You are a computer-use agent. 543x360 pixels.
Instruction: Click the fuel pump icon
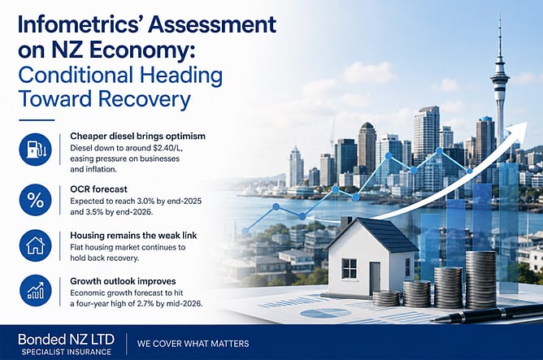click(35, 150)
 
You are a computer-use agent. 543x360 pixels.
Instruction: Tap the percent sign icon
click(35, 200)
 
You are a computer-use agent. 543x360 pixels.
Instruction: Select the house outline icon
click(35, 245)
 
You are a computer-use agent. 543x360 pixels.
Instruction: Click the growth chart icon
click(35, 290)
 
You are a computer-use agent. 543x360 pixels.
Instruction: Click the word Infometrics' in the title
click(78, 25)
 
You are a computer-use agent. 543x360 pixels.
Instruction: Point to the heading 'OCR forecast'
click(98, 189)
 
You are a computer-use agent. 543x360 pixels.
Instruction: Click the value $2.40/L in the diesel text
click(167, 148)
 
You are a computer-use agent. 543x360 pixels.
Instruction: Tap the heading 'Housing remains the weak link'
click(133, 236)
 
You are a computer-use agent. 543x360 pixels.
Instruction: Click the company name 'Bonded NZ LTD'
click(66, 339)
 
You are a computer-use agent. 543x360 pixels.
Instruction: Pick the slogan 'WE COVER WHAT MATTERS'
click(193, 344)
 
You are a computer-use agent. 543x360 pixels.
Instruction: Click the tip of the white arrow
click(527, 123)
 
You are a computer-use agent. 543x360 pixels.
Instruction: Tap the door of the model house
click(375, 278)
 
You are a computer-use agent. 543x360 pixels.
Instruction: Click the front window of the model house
click(349, 268)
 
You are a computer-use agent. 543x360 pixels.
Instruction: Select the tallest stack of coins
click(480, 280)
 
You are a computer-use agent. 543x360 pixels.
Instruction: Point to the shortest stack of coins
click(386, 298)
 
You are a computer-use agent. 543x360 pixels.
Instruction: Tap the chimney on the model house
click(346, 223)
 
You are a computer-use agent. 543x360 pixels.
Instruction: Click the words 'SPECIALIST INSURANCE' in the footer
click(66, 352)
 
